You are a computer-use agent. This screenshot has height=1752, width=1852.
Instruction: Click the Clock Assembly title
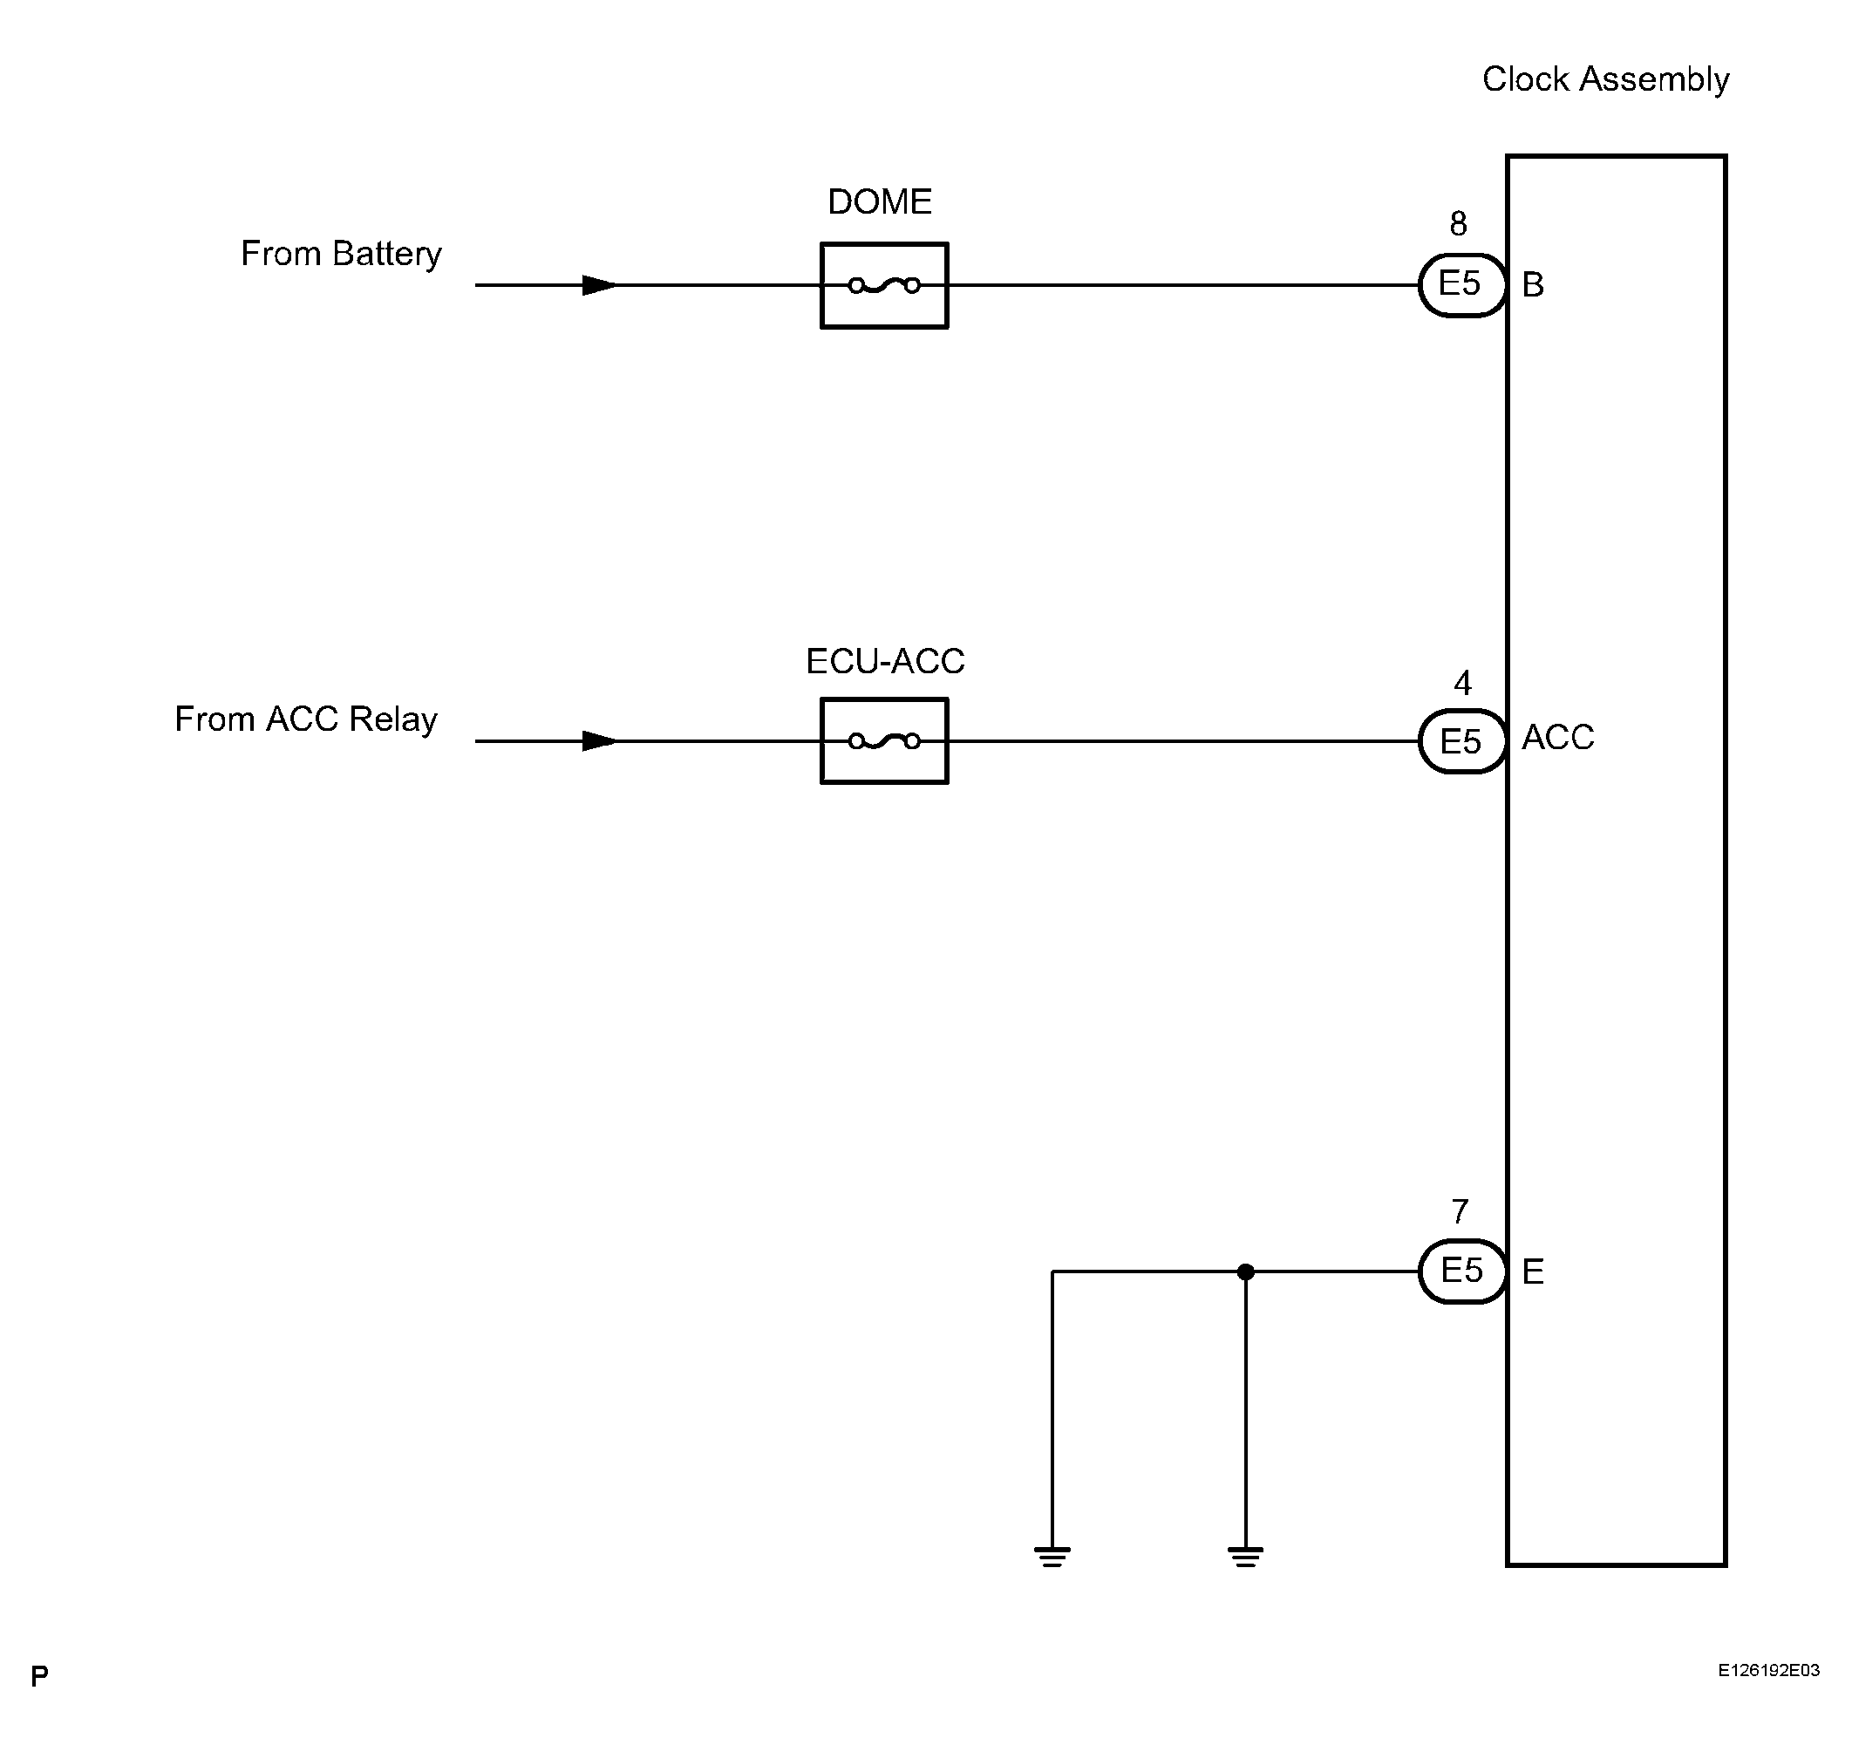[1604, 80]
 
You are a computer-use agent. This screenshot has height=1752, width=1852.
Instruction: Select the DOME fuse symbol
[883, 285]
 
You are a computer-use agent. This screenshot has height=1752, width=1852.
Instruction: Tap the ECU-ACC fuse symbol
[883, 740]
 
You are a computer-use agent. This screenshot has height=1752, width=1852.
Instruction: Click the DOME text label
[880, 201]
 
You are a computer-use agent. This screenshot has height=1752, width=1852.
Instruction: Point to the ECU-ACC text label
[884, 661]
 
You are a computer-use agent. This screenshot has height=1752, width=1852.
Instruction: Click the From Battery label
[341, 254]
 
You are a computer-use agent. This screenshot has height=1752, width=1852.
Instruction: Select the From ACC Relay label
[305, 719]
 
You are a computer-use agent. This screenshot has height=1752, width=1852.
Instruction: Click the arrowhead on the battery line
[599, 285]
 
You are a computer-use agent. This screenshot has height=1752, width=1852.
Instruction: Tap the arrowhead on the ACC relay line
[599, 740]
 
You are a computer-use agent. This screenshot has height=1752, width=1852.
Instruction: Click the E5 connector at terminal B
[1461, 285]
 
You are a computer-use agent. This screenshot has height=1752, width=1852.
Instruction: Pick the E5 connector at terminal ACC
[1461, 741]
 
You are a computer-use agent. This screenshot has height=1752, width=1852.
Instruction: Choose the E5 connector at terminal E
[1461, 1271]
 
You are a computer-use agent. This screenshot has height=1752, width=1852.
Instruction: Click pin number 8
[1458, 224]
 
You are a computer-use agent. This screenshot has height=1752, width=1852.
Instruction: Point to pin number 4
[1462, 684]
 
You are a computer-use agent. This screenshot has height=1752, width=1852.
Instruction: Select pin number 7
[1460, 1212]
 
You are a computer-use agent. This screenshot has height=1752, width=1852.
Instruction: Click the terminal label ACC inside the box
[1557, 738]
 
